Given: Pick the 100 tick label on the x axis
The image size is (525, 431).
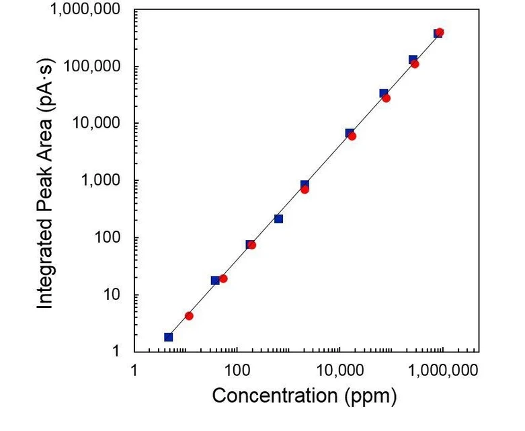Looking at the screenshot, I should [237, 370].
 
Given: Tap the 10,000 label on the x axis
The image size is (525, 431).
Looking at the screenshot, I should [339, 370].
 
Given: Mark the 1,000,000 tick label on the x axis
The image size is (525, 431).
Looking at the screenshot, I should [442, 370].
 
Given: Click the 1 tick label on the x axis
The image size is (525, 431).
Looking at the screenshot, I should [134, 370].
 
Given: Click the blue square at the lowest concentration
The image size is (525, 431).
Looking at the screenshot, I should [168, 337].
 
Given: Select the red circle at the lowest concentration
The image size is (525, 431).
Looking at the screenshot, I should [189, 316].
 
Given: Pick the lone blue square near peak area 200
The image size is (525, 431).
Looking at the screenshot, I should [278, 219].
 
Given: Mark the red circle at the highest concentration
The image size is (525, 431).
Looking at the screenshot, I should [440, 32].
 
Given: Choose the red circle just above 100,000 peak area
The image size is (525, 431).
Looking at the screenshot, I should [415, 64].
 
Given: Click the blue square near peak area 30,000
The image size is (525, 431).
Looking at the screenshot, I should [383, 93].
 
